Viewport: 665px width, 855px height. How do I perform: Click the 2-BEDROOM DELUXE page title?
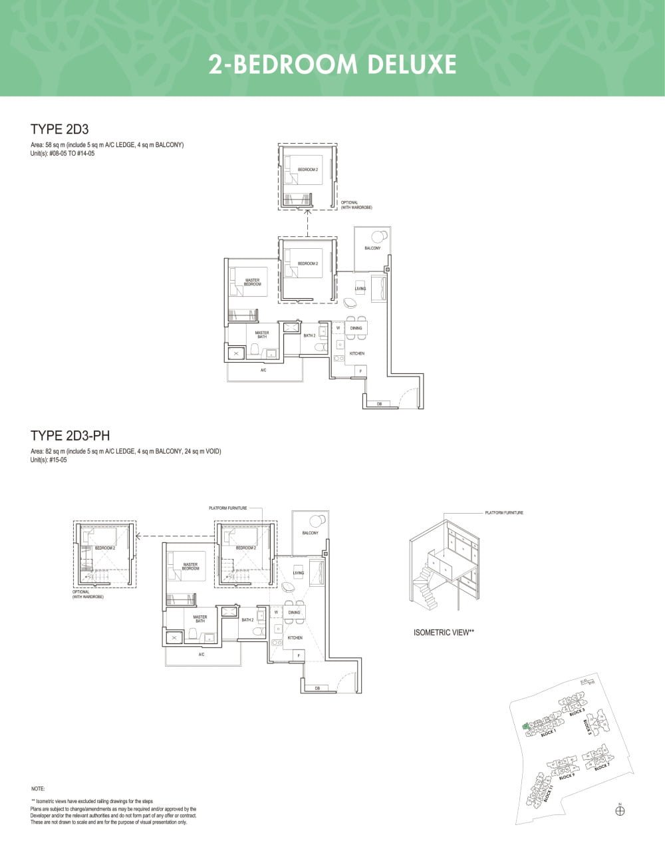[332, 65]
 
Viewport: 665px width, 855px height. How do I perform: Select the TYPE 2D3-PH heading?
[70, 436]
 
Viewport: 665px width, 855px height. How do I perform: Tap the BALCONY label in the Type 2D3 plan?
[372, 248]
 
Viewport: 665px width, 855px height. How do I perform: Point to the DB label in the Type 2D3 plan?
[379, 404]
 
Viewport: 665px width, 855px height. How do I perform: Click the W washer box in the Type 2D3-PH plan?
[275, 612]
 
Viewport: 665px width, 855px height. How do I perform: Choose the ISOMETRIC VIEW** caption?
[443, 633]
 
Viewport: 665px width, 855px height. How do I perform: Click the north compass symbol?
[620, 810]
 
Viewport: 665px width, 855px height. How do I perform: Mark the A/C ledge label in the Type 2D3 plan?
[263, 370]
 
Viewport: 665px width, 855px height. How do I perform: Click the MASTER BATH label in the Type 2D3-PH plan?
[200, 619]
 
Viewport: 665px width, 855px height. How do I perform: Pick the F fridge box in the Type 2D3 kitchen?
[360, 371]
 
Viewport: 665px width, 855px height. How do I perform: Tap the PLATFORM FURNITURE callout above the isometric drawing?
[503, 513]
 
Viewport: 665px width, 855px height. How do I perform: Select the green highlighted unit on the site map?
[525, 726]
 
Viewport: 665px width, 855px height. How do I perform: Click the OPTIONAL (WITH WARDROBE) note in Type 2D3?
[356, 205]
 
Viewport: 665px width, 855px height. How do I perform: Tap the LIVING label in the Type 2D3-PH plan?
[299, 573]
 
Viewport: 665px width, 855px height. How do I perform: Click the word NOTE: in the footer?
[38, 788]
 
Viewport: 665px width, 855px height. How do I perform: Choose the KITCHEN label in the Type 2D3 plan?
[357, 353]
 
